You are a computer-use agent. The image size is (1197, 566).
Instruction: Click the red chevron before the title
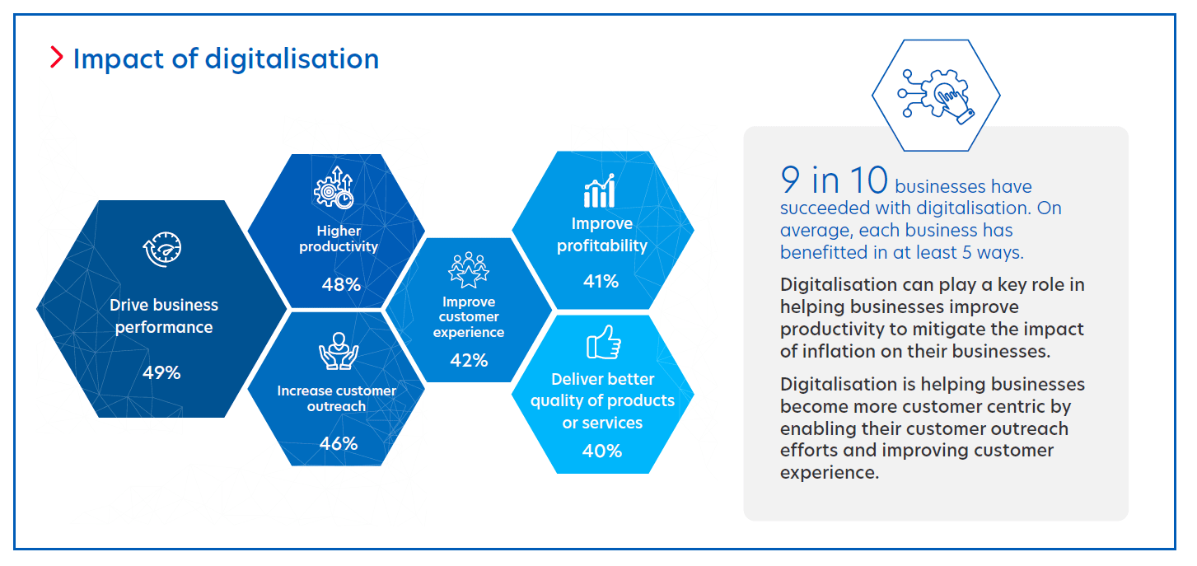[56, 58]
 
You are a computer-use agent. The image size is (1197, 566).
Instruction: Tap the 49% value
[161, 372]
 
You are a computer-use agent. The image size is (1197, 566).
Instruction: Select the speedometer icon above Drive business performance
[161, 250]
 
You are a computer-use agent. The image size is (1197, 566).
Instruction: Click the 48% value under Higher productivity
[341, 285]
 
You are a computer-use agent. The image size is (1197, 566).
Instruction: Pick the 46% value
[339, 443]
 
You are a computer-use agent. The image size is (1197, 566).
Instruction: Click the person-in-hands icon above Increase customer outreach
[338, 352]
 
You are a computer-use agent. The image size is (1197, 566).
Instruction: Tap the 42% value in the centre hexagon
[469, 360]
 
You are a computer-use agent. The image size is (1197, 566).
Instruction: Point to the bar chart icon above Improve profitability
[600, 191]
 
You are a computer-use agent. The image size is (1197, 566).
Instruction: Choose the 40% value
[602, 451]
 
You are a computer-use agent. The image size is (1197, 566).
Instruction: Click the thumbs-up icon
[603, 342]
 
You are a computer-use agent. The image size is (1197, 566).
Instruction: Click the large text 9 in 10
[833, 180]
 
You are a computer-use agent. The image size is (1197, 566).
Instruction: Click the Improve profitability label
[602, 235]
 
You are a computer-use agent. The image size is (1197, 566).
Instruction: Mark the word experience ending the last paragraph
[829, 473]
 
